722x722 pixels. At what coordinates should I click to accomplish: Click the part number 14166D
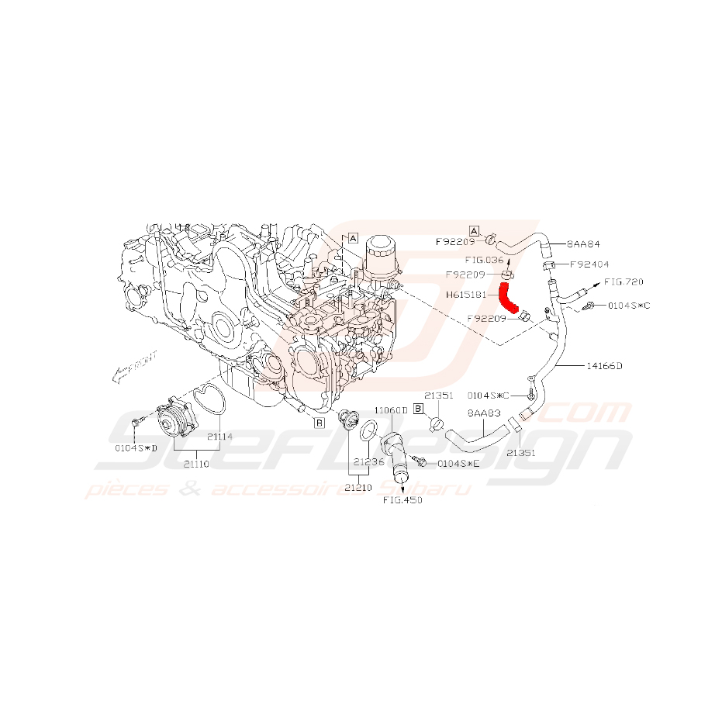pos(604,364)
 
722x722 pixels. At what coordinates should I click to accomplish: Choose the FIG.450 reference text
pos(402,500)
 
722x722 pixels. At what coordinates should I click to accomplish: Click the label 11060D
pos(391,409)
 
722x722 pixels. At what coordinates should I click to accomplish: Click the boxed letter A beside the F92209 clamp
pos(475,231)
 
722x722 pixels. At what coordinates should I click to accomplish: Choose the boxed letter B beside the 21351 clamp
pos(418,408)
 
